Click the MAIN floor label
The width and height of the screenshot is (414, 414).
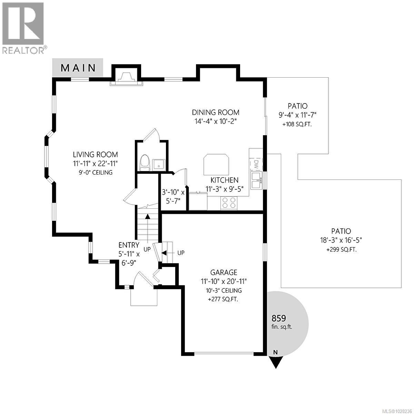pyautogui.click(x=78, y=68)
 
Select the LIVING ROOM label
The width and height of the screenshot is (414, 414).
pyautogui.click(x=95, y=155)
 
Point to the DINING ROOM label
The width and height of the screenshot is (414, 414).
pyautogui.click(x=216, y=112)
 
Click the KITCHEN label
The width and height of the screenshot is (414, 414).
pyautogui.click(x=225, y=180)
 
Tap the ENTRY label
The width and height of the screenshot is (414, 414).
pyautogui.click(x=129, y=245)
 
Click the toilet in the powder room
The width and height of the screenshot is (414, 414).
pyautogui.click(x=144, y=163)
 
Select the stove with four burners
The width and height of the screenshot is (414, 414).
pyautogui.click(x=229, y=203)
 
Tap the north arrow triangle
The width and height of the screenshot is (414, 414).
pyautogui.click(x=275, y=362)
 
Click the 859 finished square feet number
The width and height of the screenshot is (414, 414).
pyautogui.click(x=279, y=318)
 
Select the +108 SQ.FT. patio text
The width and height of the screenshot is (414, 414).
pyautogui.click(x=297, y=124)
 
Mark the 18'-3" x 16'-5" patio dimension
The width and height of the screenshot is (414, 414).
pyautogui.click(x=341, y=240)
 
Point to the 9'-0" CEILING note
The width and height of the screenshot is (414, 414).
pyautogui.click(x=95, y=172)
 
